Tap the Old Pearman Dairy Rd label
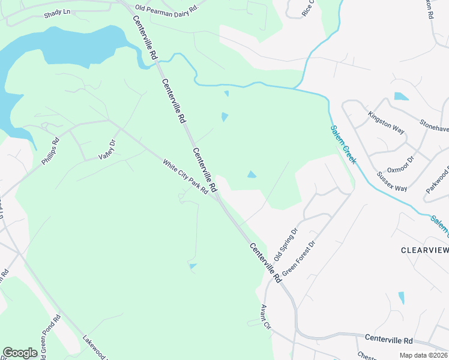click(166, 8)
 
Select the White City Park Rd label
click(185, 176)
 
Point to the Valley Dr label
click(106, 149)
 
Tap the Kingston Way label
click(386, 122)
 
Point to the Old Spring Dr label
click(286, 244)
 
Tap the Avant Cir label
click(266, 317)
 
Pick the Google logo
click(20, 353)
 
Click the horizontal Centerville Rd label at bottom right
click(390, 340)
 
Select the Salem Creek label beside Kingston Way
click(343, 145)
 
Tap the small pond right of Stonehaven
click(401, 96)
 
